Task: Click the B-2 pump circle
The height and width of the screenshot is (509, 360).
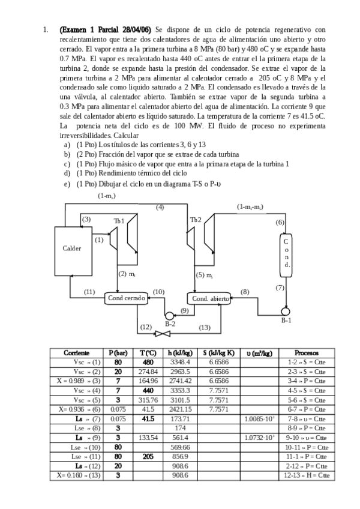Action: (169, 316)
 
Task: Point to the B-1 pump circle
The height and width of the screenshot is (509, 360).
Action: (286, 311)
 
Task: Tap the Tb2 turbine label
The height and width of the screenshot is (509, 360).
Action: (196, 220)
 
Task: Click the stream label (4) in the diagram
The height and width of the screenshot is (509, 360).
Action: (160, 207)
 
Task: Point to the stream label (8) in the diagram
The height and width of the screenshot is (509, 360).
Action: (245, 291)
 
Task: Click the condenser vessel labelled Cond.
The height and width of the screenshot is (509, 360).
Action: (287, 253)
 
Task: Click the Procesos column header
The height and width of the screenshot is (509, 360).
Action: (307, 353)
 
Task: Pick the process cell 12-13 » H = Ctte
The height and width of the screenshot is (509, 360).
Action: (307, 475)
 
